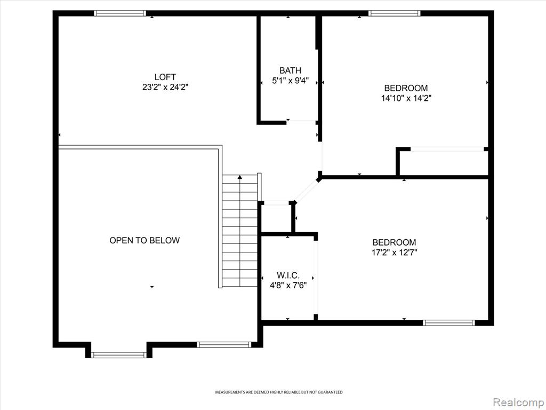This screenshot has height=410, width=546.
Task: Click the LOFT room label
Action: pyautogui.click(x=165, y=77)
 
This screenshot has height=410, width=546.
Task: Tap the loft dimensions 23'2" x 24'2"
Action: pyautogui.click(x=165, y=87)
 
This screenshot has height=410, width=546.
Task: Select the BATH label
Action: pyautogui.click(x=290, y=70)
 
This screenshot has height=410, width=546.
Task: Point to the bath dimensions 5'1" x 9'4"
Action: pyautogui.click(x=290, y=81)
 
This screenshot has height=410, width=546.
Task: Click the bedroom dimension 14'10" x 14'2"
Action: pyautogui.click(x=406, y=98)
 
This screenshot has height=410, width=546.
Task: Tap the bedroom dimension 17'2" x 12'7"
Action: pyautogui.click(x=394, y=253)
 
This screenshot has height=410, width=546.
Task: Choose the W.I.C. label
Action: pyautogui.click(x=288, y=275)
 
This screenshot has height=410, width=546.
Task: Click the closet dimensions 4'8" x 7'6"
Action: pyautogui.click(x=288, y=286)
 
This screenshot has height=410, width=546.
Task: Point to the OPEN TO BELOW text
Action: pyautogui.click(x=144, y=240)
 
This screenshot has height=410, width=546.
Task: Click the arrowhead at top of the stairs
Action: pyautogui.click(x=240, y=177)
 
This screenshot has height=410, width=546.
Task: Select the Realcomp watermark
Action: pyautogui.click(x=518, y=402)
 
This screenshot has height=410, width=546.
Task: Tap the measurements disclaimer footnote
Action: pyautogui.click(x=278, y=392)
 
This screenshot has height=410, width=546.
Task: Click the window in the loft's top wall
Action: pyautogui.click(x=120, y=13)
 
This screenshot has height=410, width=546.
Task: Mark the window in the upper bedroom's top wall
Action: pyautogui.click(x=395, y=13)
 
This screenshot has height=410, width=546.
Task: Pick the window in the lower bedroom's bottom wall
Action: pyautogui.click(x=449, y=323)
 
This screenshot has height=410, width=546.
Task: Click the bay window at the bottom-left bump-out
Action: pyautogui.click(x=119, y=355)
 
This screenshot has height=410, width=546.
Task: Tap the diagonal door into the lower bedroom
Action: pyautogui.click(x=307, y=191)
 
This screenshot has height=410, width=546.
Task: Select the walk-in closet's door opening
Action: pyautogui.click(x=316, y=278)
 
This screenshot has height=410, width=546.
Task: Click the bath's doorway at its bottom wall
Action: pyautogui.click(x=302, y=122)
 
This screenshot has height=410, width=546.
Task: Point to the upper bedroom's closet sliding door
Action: pyautogui.click(x=447, y=149)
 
